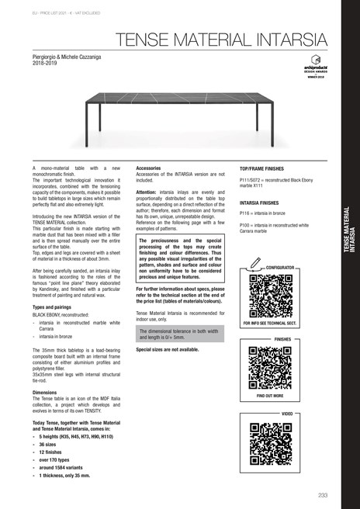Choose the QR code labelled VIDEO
pyautogui.click(x=268, y=442)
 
